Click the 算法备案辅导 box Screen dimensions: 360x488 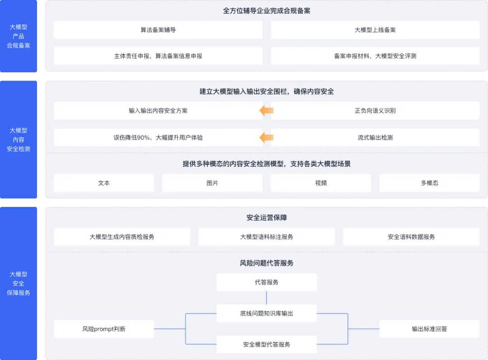click(158, 30)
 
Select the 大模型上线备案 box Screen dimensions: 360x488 click(375, 30)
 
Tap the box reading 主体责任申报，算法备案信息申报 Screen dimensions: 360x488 click(158, 56)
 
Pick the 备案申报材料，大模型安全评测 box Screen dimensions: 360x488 click(375, 56)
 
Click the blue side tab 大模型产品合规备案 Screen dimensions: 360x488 click(19, 36)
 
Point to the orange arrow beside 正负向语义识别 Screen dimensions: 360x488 click(267, 111)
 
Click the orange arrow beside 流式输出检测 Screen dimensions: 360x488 click(267, 137)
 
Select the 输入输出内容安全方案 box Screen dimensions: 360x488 click(158, 111)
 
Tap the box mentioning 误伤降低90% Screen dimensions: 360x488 click(158, 137)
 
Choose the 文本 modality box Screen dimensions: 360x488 click(104, 183)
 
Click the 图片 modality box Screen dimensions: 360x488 click(212, 183)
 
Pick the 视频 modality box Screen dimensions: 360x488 click(321, 183)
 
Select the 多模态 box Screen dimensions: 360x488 click(429, 183)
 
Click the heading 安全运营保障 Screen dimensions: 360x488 click(267, 218)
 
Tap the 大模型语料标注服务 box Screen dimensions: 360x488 click(267, 237)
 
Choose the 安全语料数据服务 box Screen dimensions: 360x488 click(411, 237)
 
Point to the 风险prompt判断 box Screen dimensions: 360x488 click(104, 329)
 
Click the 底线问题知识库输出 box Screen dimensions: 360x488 click(267, 313)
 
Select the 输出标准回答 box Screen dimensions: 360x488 click(429, 329)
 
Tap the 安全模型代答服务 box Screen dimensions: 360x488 click(267, 344)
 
